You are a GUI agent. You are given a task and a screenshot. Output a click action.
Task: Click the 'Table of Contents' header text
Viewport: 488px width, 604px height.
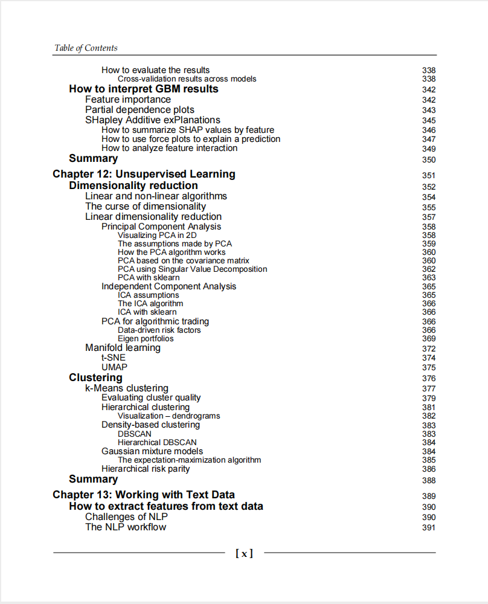point(86,48)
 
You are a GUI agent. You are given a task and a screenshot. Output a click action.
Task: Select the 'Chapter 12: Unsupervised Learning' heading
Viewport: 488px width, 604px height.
point(144,174)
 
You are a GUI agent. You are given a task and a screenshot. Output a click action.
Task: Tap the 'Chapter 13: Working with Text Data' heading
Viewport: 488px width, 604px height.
point(144,495)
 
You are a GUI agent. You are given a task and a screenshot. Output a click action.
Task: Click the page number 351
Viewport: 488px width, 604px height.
point(429,176)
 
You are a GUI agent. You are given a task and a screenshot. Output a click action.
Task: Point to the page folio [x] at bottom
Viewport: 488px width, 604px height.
point(244,553)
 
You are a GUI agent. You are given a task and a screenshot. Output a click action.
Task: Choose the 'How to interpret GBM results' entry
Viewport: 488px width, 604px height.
point(144,89)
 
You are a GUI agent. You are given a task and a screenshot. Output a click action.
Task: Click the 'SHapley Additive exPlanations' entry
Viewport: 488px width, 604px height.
point(153,120)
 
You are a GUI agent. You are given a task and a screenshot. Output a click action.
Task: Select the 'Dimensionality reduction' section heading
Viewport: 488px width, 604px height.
point(133,185)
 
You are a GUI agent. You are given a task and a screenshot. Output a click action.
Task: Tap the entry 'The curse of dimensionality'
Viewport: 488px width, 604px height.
point(146,206)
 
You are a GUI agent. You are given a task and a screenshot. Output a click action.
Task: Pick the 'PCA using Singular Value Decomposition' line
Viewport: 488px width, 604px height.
point(192,269)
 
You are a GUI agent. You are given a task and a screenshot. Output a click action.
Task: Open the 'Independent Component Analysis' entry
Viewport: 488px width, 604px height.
point(169,286)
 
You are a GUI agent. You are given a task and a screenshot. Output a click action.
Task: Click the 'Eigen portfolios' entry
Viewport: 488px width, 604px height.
point(146,339)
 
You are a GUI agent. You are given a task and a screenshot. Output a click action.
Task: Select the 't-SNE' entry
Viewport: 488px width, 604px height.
point(114,358)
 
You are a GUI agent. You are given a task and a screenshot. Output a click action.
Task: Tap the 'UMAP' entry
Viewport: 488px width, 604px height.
point(115,367)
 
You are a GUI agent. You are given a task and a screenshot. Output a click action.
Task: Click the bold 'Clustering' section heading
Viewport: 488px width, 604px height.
point(95,377)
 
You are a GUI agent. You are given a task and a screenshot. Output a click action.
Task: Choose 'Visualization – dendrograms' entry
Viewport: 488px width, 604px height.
point(169,416)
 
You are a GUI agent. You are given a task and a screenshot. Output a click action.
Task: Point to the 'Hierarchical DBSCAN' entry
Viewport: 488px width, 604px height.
point(157,442)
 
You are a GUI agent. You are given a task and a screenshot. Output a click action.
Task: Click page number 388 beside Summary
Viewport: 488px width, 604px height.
point(429,481)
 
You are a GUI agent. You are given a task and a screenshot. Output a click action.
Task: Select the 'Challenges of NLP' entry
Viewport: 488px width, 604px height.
point(126,516)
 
